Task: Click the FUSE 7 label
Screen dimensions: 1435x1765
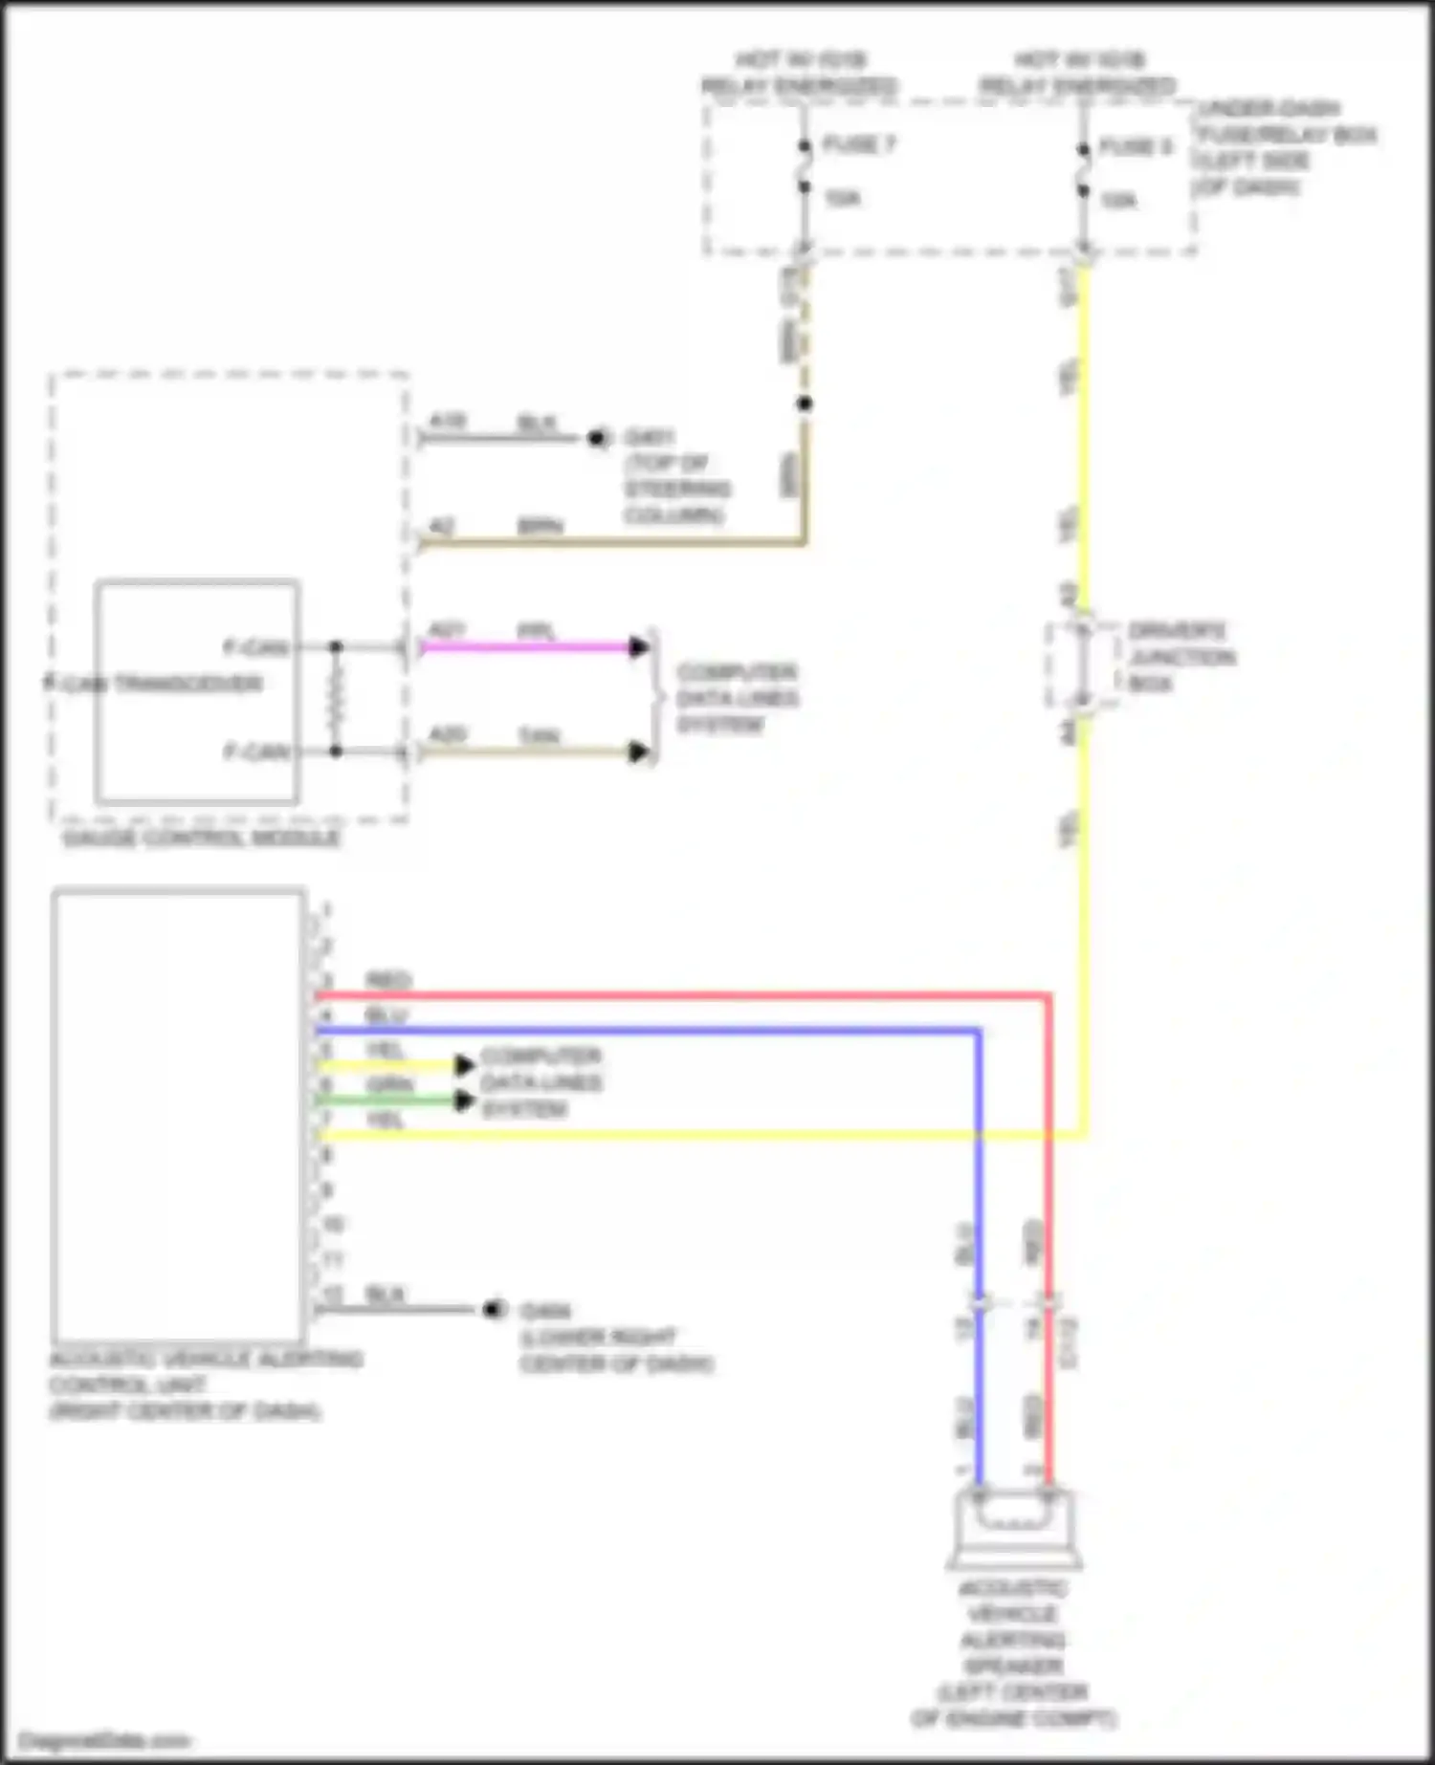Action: point(858,144)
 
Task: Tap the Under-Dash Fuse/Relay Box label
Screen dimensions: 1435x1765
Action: point(1284,147)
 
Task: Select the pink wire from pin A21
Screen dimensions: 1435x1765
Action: point(526,647)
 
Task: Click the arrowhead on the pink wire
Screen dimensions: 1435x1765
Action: point(639,647)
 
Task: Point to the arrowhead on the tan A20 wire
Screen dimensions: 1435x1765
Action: point(639,752)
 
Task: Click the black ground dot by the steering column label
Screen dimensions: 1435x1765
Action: point(598,439)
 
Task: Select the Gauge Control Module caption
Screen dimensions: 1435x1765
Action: point(200,839)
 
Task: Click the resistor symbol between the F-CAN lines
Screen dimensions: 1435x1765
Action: point(336,700)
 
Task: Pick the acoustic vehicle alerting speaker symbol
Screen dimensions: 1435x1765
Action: point(1014,1526)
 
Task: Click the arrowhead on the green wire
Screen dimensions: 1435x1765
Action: point(465,1100)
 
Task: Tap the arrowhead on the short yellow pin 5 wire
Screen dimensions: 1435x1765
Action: point(465,1065)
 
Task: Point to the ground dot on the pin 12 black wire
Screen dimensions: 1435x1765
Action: point(494,1309)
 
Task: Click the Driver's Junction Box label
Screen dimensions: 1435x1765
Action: point(1181,657)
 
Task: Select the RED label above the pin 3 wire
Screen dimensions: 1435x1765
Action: point(387,981)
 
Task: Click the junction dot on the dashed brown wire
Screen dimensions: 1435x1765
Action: point(805,403)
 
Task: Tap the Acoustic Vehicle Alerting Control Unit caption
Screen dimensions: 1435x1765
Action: point(205,1384)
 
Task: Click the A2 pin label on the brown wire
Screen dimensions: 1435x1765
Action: point(441,527)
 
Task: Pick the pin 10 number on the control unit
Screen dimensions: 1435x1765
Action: point(333,1225)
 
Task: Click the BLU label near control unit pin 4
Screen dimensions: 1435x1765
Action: point(386,1015)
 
